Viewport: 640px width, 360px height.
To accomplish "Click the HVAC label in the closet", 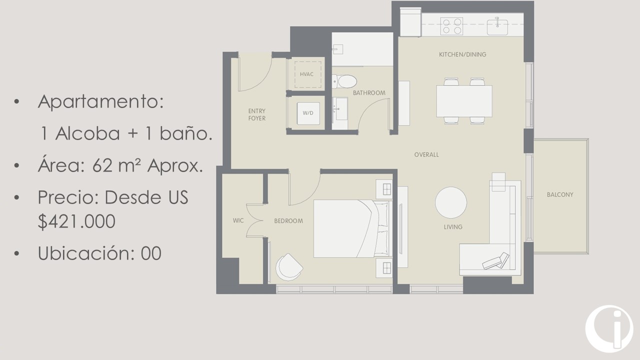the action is tap(306, 74).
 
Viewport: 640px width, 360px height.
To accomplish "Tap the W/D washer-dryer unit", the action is tap(308, 113).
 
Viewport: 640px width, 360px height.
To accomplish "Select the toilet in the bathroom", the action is tap(344, 81).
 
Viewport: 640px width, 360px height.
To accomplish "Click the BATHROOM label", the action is tap(369, 93).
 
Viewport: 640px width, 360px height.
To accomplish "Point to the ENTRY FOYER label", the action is tap(257, 114).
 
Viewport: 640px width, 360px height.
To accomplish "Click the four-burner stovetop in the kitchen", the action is tap(451, 26).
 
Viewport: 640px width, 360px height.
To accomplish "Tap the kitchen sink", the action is tap(497, 27).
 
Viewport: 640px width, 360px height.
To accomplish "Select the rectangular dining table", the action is tap(464, 101).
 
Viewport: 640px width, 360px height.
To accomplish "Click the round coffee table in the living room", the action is tap(451, 202).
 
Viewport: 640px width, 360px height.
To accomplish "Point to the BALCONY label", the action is tap(560, 195).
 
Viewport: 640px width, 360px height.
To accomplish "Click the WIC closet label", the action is tap(238, 220).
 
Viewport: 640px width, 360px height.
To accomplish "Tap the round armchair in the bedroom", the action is tap(289, 267).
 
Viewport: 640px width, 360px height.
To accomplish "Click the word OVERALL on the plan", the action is tap(426, 155).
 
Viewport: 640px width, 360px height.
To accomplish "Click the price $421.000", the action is tap(76, 221).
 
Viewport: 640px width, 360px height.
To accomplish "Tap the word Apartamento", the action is tap(101, 101).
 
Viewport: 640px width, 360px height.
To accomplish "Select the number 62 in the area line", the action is tap(102, 165).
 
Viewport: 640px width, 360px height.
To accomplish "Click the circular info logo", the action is tap(609, 328).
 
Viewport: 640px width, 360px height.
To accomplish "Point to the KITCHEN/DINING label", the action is tap(462, 54).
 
